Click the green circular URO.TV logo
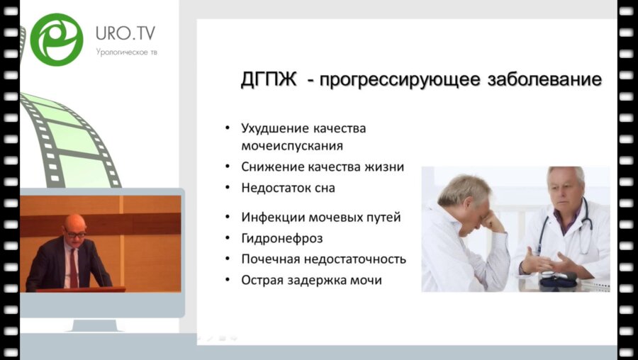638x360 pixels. (57, 40)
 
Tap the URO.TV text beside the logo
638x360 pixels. (125, 33)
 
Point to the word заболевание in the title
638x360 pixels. (544, 80)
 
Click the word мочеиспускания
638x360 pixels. (292, 146)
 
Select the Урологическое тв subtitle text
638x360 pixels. (126, 52)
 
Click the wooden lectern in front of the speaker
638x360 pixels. (82, 288)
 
